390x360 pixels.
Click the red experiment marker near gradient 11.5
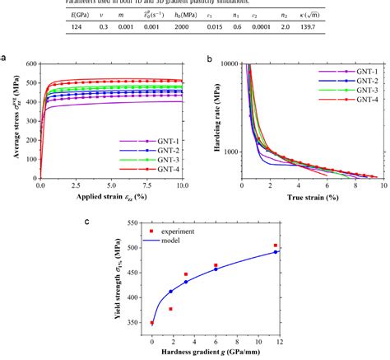point(275,245)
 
